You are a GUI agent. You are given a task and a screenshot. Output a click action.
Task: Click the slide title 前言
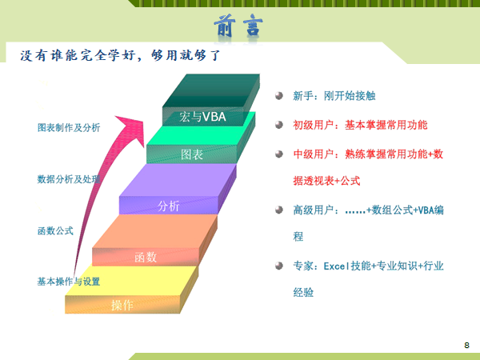pos(238,26)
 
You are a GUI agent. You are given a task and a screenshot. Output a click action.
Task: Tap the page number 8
pos(466,345)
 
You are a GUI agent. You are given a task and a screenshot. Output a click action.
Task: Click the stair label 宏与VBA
pos(202,117)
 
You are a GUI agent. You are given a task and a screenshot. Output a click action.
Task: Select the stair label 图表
pos(192,154)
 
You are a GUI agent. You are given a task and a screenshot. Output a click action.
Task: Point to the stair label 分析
pos(168,206)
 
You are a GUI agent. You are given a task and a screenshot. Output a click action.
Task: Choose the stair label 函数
pos(146,257)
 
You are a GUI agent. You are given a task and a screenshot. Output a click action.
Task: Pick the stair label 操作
pos(122,306)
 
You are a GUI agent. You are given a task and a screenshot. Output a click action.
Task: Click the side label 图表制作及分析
pos(69,128)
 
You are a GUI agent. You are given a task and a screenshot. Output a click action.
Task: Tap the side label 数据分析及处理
pos(69,179)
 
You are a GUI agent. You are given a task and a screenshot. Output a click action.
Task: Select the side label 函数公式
pos(55,230)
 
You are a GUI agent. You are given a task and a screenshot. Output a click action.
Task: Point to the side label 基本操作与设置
pos(69,282)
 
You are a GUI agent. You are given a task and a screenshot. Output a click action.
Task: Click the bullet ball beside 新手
pos(279,96)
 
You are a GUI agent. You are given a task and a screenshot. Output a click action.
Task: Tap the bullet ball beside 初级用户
pos(279,125)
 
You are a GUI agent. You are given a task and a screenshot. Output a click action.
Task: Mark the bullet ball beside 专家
pos(279,266)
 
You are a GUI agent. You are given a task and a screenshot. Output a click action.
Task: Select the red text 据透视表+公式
pos(326,181)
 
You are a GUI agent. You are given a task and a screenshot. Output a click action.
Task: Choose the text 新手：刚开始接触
pos(334,96)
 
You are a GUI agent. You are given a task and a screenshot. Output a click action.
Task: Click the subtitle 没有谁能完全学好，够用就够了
pos(120,55)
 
